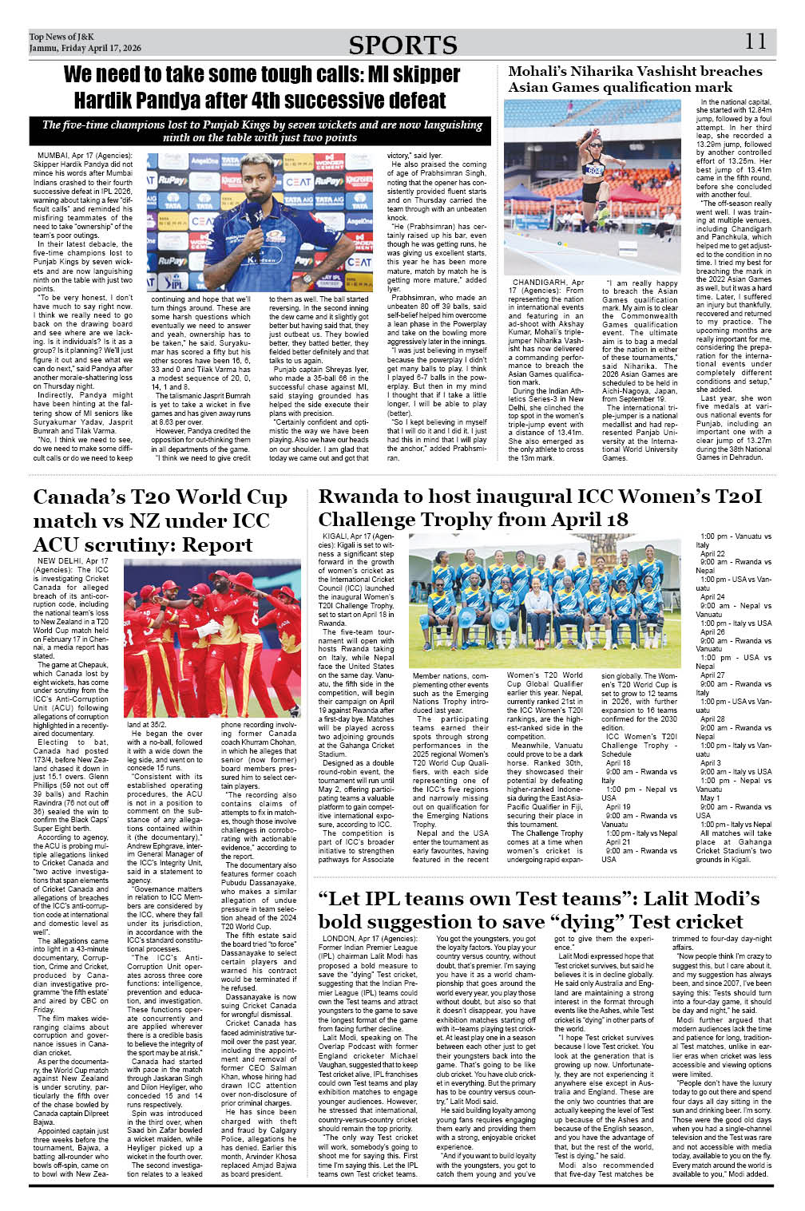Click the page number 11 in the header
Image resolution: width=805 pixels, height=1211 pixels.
click(x=755, y=42)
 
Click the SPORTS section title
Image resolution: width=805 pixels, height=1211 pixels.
click(x=402, y=45)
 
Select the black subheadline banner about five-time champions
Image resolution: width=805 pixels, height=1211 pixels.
click(x=262, y=131)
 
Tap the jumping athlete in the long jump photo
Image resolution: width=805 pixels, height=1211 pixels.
click(x=593, y=172)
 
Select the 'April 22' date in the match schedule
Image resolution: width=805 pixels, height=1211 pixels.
click(x=712, y=553)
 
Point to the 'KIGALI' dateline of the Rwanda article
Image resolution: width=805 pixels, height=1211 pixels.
click(x=335, y=536)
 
